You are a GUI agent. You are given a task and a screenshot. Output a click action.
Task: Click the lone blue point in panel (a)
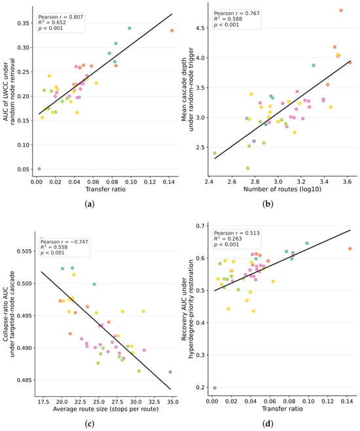tap(39, 169)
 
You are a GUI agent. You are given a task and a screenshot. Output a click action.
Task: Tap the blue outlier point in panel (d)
tap(215, 388)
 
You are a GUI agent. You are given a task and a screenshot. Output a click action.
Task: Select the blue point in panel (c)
tap(170, 372)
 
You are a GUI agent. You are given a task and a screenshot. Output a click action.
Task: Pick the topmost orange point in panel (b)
tap(341, 10)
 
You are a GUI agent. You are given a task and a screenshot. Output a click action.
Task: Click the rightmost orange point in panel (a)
tap(172, 31)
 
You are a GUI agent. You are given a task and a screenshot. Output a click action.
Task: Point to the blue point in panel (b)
tap(254, 141)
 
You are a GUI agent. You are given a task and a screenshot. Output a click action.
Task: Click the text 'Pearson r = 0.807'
tap(60, 17)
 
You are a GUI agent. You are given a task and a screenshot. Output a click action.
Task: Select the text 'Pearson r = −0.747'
tap(64, 242)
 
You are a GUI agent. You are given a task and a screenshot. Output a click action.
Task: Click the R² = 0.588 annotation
tap(228, 19)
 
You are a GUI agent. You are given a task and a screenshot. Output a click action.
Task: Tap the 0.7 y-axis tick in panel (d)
tap(201, 226)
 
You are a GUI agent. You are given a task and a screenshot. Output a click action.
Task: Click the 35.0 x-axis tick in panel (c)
tap(173, 402)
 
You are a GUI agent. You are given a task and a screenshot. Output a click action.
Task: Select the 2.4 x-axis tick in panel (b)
tap(209, 182)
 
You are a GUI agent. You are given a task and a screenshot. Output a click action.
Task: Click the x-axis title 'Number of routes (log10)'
tap(282, 189)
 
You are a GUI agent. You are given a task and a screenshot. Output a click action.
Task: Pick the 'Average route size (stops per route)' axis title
tap(105, 409)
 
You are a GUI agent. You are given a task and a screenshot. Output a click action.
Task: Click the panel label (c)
tap(90, 424)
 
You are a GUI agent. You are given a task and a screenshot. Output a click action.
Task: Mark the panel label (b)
tap(268, 204)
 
